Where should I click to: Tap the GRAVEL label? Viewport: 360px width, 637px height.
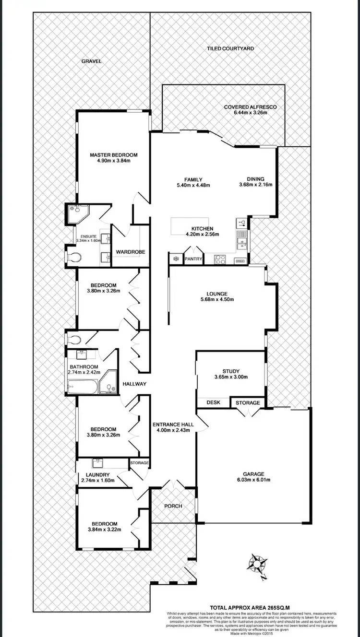[x=91, y=61]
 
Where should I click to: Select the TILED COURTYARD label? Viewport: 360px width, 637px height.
[x=230, y=48]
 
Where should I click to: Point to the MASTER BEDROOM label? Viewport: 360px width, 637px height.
[x=114, y=155]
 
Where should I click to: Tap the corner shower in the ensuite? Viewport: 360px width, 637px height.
[x=75, y=214]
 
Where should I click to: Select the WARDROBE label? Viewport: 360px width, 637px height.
[x=131, y=252]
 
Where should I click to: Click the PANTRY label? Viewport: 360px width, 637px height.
[x=193, y=259]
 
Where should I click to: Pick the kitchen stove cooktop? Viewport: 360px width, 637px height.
[x=220, y=260]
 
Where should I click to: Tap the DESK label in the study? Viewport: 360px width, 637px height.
[x=213, y=402]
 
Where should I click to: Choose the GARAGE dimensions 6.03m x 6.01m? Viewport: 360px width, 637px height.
[x=253, y=480]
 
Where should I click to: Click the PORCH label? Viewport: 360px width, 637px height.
[x=173, y=506]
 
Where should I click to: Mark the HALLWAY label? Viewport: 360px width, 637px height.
[x=134, y=384]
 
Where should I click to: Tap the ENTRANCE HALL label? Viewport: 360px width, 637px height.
[x=173, y=424]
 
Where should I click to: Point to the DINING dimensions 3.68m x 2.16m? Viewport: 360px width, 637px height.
[x=256, y=184]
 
